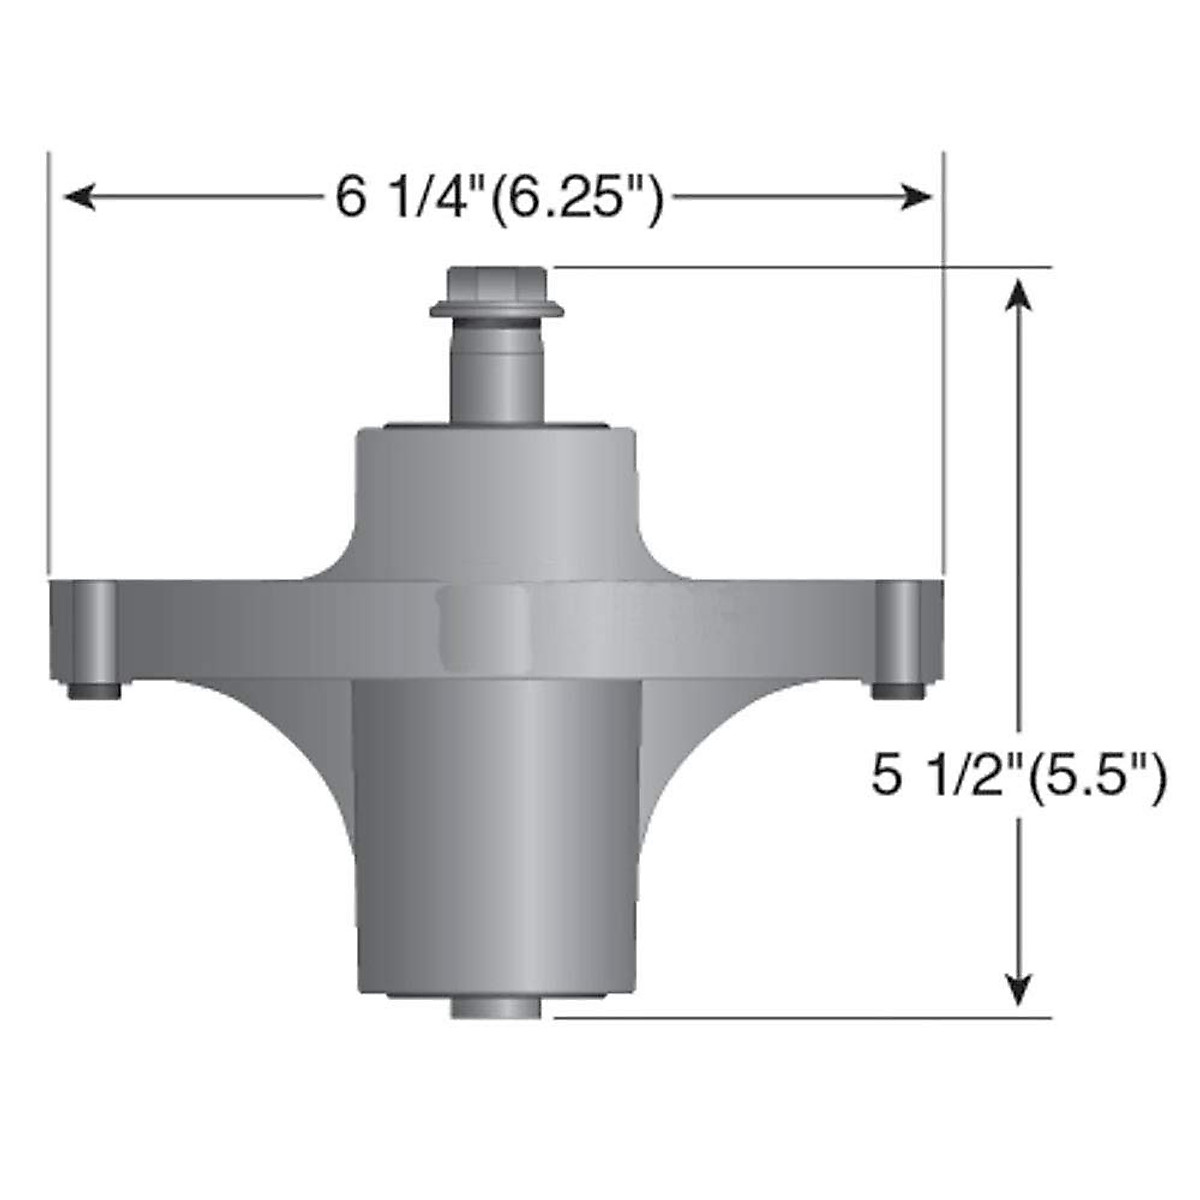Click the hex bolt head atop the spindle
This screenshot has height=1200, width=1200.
pos(497,284)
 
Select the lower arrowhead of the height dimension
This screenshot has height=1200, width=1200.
pos(1018,990)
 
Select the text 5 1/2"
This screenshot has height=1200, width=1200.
pos(936,775)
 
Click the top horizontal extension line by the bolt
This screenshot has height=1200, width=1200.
pos(800,267)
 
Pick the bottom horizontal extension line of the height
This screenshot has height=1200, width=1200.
pos(800,1018)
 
